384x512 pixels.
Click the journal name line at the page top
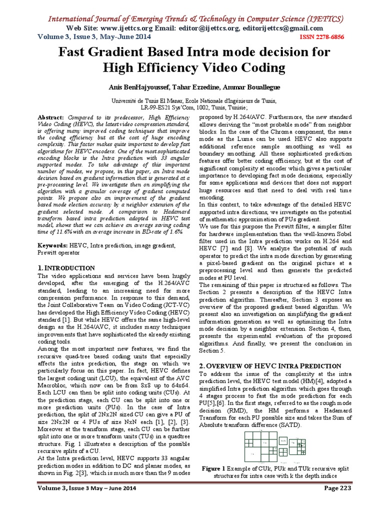(x=195, y=19)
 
